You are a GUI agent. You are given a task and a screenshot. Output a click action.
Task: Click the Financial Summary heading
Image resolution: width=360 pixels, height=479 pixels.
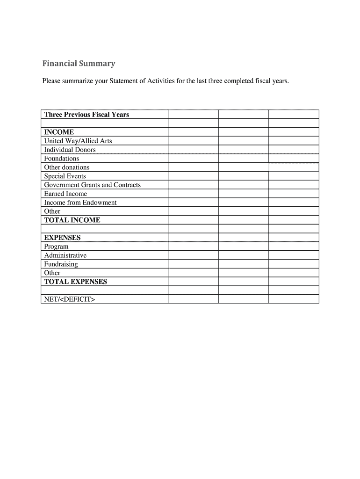point(79,64)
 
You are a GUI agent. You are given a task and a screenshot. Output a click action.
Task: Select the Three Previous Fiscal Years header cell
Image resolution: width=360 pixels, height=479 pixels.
point(86,115)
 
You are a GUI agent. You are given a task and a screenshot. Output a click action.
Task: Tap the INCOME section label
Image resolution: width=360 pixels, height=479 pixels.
point(59,132)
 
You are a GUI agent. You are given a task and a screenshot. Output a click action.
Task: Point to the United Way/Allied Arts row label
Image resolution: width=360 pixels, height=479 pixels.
point(78,141)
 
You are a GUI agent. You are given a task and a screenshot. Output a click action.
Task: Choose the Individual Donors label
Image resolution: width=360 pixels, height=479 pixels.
point(70,150)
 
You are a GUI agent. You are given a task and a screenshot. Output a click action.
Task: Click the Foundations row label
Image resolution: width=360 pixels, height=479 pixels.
point(62,159)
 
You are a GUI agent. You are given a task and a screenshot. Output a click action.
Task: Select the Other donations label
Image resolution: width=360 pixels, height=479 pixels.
point(66,167)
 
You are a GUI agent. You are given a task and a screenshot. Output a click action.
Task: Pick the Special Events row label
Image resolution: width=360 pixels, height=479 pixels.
point(65,176)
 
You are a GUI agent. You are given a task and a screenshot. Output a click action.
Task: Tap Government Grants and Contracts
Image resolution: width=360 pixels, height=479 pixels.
point(92,185)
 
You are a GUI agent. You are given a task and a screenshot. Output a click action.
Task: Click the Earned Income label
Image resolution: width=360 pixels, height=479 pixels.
point(65,194)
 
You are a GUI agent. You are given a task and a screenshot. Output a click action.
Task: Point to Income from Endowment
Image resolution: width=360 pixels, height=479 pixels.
point(80,203)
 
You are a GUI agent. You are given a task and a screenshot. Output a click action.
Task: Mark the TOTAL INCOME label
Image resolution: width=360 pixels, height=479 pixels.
point(72,220)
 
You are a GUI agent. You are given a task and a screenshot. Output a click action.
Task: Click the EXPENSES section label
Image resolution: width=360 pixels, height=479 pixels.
point(62,238)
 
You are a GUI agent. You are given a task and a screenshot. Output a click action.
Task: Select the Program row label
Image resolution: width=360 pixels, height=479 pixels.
point(56,247)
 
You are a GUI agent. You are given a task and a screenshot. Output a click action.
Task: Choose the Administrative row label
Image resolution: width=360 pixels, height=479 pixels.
point(65,255)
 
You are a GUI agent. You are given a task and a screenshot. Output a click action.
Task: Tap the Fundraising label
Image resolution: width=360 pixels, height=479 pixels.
point(61,264)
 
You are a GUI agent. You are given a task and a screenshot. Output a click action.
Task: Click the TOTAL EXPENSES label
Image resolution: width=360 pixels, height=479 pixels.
point(75,282)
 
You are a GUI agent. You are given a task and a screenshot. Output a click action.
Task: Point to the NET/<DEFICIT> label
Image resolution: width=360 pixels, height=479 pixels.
point(69,299)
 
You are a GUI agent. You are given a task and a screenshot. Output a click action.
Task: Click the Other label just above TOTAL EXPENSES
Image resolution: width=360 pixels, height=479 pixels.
point(52,273)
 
